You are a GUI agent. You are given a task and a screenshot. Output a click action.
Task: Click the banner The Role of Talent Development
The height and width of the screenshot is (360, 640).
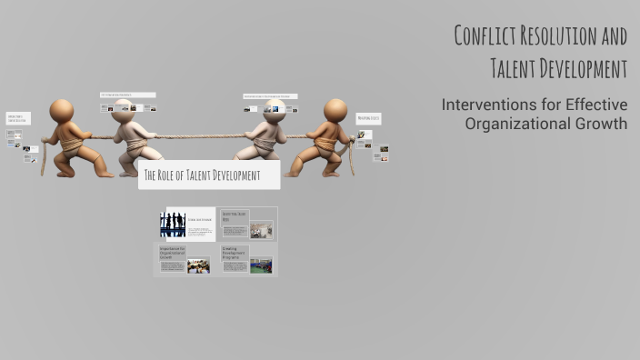(x=209, y=175)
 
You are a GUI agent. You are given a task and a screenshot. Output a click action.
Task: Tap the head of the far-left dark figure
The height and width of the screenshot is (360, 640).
(x=62, y=110)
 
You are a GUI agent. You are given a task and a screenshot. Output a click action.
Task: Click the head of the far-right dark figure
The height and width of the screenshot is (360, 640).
(x=335, y=110)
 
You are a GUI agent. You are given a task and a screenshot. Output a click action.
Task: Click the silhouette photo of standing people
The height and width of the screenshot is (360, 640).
(x=173, y=224)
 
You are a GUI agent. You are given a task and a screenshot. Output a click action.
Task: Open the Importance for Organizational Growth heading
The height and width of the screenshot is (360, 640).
(x=173, y=253)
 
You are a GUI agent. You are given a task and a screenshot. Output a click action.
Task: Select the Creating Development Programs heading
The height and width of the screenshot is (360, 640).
(x=235, y=253)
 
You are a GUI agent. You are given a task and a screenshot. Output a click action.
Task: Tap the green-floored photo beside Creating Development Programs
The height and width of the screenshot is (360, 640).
(x=261, y=265)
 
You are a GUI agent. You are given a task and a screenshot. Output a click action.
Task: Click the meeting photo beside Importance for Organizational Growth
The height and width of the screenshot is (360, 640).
(x=198, y=266)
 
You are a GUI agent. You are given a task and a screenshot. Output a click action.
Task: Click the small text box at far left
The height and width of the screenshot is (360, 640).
(x=18, y=118)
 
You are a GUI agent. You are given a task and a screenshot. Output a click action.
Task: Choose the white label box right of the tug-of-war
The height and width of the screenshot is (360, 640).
(x=368, y=118)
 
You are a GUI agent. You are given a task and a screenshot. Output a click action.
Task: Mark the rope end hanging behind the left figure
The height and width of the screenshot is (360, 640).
(x=42, y=159)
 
